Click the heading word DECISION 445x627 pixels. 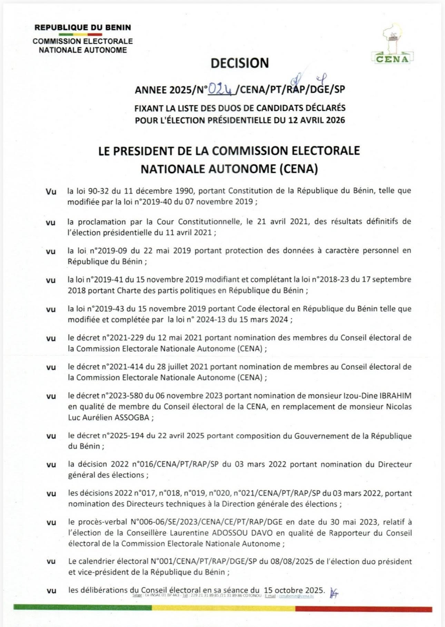tap(240, 63)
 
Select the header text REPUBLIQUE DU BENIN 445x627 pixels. tap(83, 27)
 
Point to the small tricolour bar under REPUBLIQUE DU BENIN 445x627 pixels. tap(80, 35)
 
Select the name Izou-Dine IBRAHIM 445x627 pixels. tap(379, 396)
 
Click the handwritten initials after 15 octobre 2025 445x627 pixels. tap(334, 592)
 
